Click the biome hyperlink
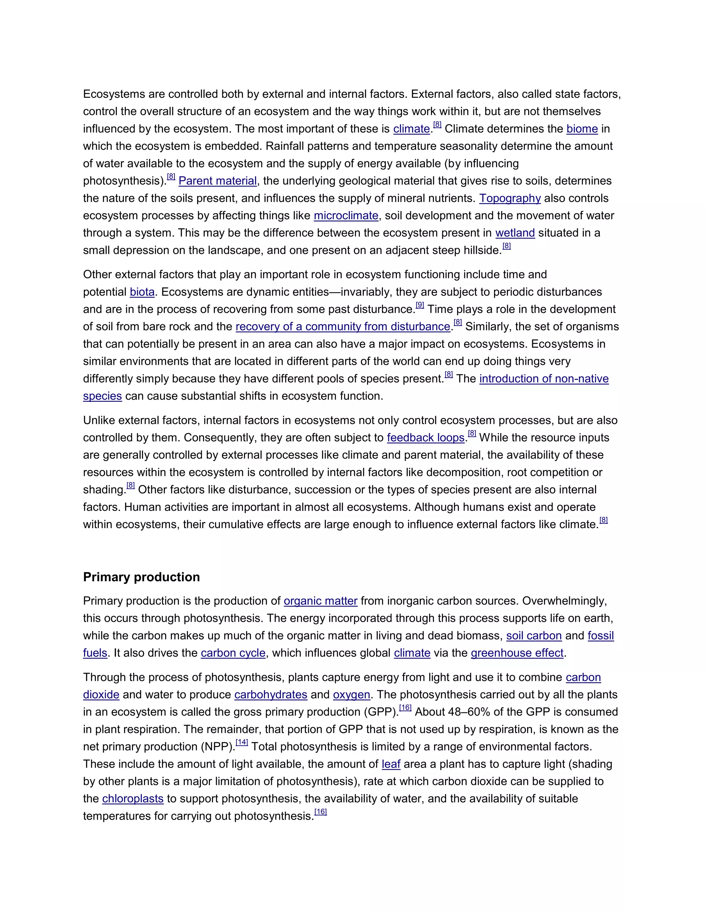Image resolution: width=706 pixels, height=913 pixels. click(x=582, y=129)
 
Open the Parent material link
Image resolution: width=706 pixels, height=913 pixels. click(x=218, y=181)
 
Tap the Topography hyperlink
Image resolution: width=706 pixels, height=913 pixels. click(x=510, y=198)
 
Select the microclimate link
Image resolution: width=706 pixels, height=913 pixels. click(x=346, y=216)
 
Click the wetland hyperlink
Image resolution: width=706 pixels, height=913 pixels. click(x=515, y=233)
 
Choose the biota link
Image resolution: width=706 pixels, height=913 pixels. click(x=142, y=292)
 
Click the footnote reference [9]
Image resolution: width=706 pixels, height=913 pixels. click(x=420, y=306)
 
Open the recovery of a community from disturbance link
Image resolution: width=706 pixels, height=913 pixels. click(x=343, y=327)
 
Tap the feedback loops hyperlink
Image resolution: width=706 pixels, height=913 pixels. click(x=426, y=438)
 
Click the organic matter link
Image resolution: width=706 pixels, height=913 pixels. click(x=320, y=601)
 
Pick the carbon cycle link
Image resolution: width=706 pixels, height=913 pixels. click(x=233, y=653)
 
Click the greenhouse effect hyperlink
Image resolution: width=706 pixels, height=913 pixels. click(x=517, y=653)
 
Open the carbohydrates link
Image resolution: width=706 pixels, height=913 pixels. click(x=271, y=695)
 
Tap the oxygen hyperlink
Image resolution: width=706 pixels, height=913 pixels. click(x=351, y=695)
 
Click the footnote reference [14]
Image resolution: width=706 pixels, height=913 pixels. click(x=242, y=743)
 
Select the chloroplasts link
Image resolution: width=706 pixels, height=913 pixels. click(x=133, y=799)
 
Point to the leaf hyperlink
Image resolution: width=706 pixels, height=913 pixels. click(x=391, y=764)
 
